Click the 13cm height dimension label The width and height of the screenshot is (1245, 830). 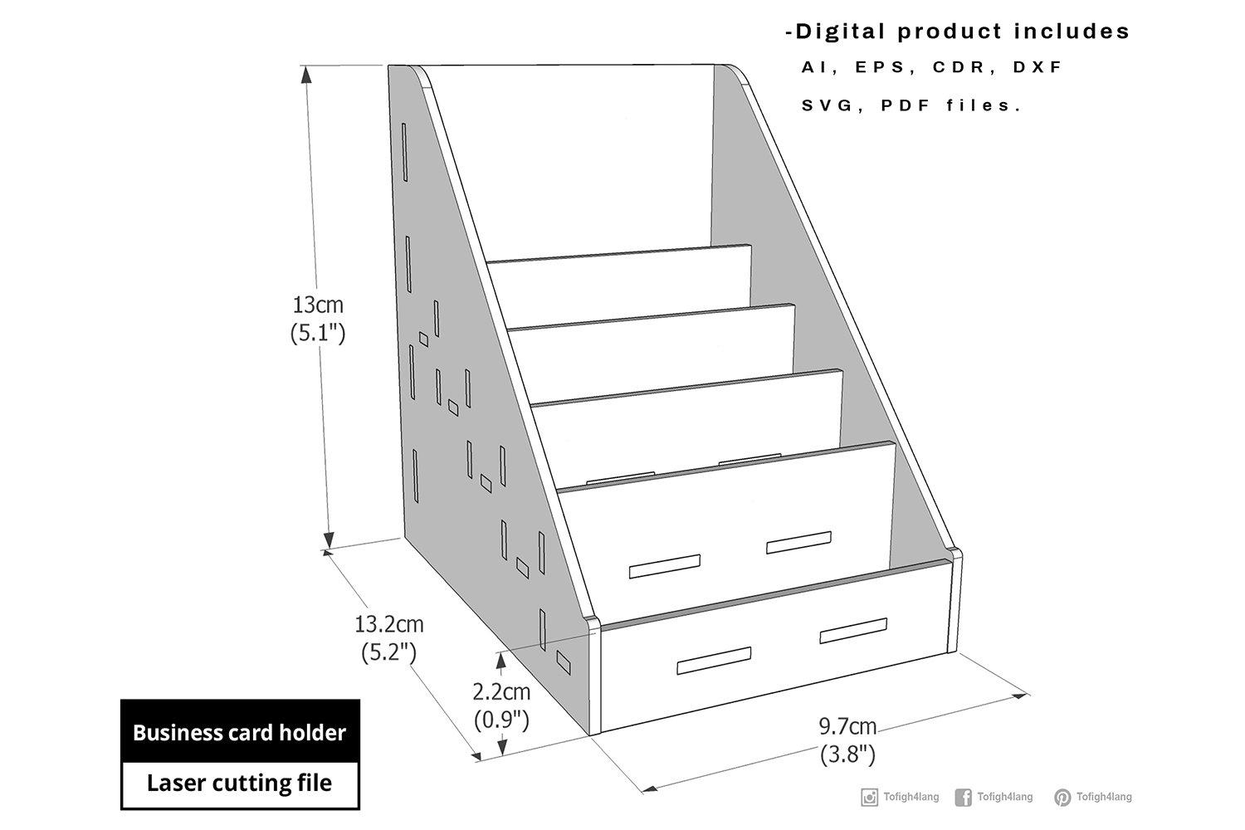pos(318,305)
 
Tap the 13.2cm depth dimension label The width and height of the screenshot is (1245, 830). pos(389,624)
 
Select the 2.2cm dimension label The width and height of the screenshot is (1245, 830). pos(501,692)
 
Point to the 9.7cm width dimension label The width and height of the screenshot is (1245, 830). pos(847,726)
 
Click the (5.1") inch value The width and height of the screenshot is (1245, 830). pos(318,333)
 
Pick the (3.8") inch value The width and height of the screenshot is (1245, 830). pos(847,754)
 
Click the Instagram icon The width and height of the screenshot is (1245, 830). pos(869,797)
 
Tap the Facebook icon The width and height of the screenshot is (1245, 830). pos(963,797)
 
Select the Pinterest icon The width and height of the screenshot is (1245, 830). pos(1062,797)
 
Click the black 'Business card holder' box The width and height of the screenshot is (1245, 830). pos(240,731)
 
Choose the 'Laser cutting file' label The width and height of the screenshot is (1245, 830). pos(240,783)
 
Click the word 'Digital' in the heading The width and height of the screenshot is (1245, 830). pos(840,32)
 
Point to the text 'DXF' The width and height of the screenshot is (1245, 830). pos(1037,67)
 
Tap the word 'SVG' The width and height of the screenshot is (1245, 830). pos(827,105)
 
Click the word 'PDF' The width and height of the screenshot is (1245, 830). pos(906,105)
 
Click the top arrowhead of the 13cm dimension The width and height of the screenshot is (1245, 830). pos(306,75)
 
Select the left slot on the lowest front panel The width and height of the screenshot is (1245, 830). pos(714,660)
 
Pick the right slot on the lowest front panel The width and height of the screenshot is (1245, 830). pos(853,631)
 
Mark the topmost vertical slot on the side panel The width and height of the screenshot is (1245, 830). pos(405,152)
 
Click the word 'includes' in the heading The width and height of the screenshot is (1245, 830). pos(1072,32)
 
